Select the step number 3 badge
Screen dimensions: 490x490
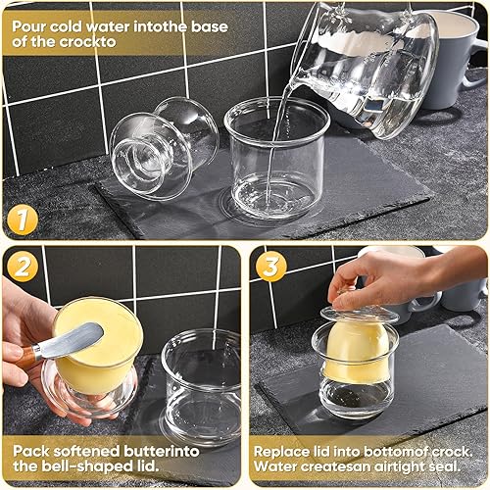pyautogui.click(x=270, y=265)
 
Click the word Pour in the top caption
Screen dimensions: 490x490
pyautogui.click(x=30, y=19)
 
